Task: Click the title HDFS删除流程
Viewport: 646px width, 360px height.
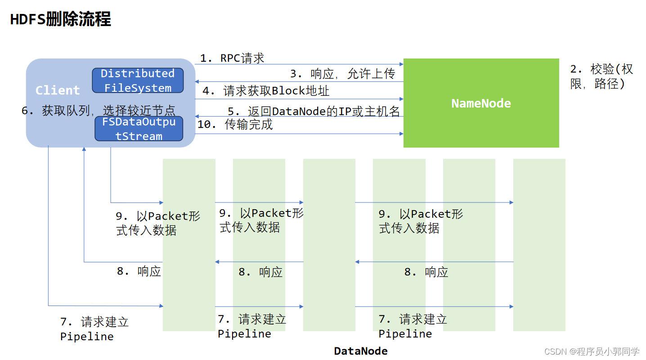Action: [61, 19]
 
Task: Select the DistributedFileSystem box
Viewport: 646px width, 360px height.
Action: [138, 81]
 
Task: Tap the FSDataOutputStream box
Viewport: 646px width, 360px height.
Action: [139, 129]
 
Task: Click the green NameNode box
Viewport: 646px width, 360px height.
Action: [481, 103]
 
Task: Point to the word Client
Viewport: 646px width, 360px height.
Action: [58, 90]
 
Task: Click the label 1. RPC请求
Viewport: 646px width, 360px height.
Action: [232, 58]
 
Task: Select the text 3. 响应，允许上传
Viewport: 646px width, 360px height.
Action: [342, 74]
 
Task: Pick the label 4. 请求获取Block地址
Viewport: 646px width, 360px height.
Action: [266, 91]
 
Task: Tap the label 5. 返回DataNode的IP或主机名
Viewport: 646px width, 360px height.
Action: [314, 111]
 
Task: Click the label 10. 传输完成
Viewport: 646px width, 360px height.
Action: [235, 125]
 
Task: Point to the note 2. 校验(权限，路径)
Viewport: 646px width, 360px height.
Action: [601, 76]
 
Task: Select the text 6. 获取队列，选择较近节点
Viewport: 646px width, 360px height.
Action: [99, 110]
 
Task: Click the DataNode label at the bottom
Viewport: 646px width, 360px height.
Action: [360, 351]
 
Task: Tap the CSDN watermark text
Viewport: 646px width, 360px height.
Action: [591, 351]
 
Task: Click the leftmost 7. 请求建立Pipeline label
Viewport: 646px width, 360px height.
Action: [94, 329]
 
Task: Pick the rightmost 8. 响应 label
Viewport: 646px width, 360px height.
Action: [426, 272]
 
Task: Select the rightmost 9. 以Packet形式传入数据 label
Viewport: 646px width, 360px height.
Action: [421, 221]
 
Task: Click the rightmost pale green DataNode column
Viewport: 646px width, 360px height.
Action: [539, 245]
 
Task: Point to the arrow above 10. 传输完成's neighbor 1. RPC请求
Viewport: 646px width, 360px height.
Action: [299, 64]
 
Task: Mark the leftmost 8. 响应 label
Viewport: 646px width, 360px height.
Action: [139, 271]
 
